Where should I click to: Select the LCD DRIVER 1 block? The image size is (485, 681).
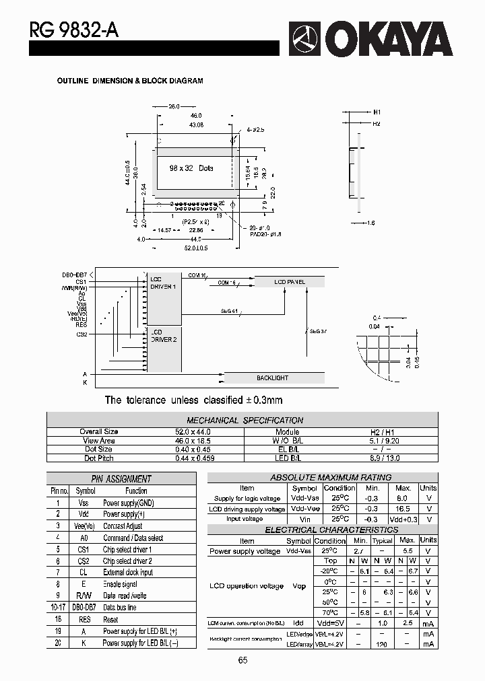163,283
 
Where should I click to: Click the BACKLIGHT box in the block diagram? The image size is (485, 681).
272,378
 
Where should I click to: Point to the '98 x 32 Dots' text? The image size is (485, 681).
191,168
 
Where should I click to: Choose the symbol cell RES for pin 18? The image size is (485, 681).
85,619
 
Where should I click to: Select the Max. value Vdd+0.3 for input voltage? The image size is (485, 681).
403,519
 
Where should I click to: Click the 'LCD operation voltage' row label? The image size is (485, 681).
246,586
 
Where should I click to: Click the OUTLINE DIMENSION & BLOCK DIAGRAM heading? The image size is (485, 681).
129,81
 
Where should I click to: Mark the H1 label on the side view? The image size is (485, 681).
377,112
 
